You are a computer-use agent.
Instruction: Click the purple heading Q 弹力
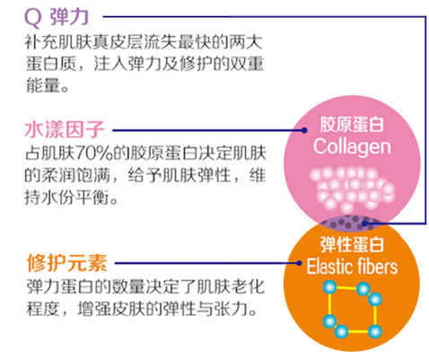(57, 17)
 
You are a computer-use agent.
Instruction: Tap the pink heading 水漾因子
(65, 130)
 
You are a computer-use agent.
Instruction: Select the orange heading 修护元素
(66, 263)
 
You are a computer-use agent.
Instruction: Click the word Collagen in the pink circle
(352, 146)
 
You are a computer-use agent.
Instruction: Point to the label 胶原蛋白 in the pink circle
(352, 124)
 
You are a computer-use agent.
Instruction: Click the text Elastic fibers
(352, 267)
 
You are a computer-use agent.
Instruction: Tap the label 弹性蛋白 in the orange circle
(352, 244)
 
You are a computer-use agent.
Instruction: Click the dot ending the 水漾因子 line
(304, 130)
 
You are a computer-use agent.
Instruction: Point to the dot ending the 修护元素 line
(299, 263)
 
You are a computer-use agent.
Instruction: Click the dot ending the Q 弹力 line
(364, 224)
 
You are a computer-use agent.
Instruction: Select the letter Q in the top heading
(32, 18)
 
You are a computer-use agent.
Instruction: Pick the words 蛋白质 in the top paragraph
(51, 64)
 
